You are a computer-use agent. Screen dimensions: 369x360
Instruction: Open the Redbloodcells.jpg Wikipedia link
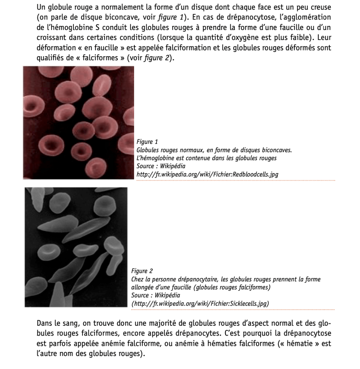pos(207,175)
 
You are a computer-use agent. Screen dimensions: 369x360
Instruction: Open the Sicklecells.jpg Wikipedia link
pos(200,304)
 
